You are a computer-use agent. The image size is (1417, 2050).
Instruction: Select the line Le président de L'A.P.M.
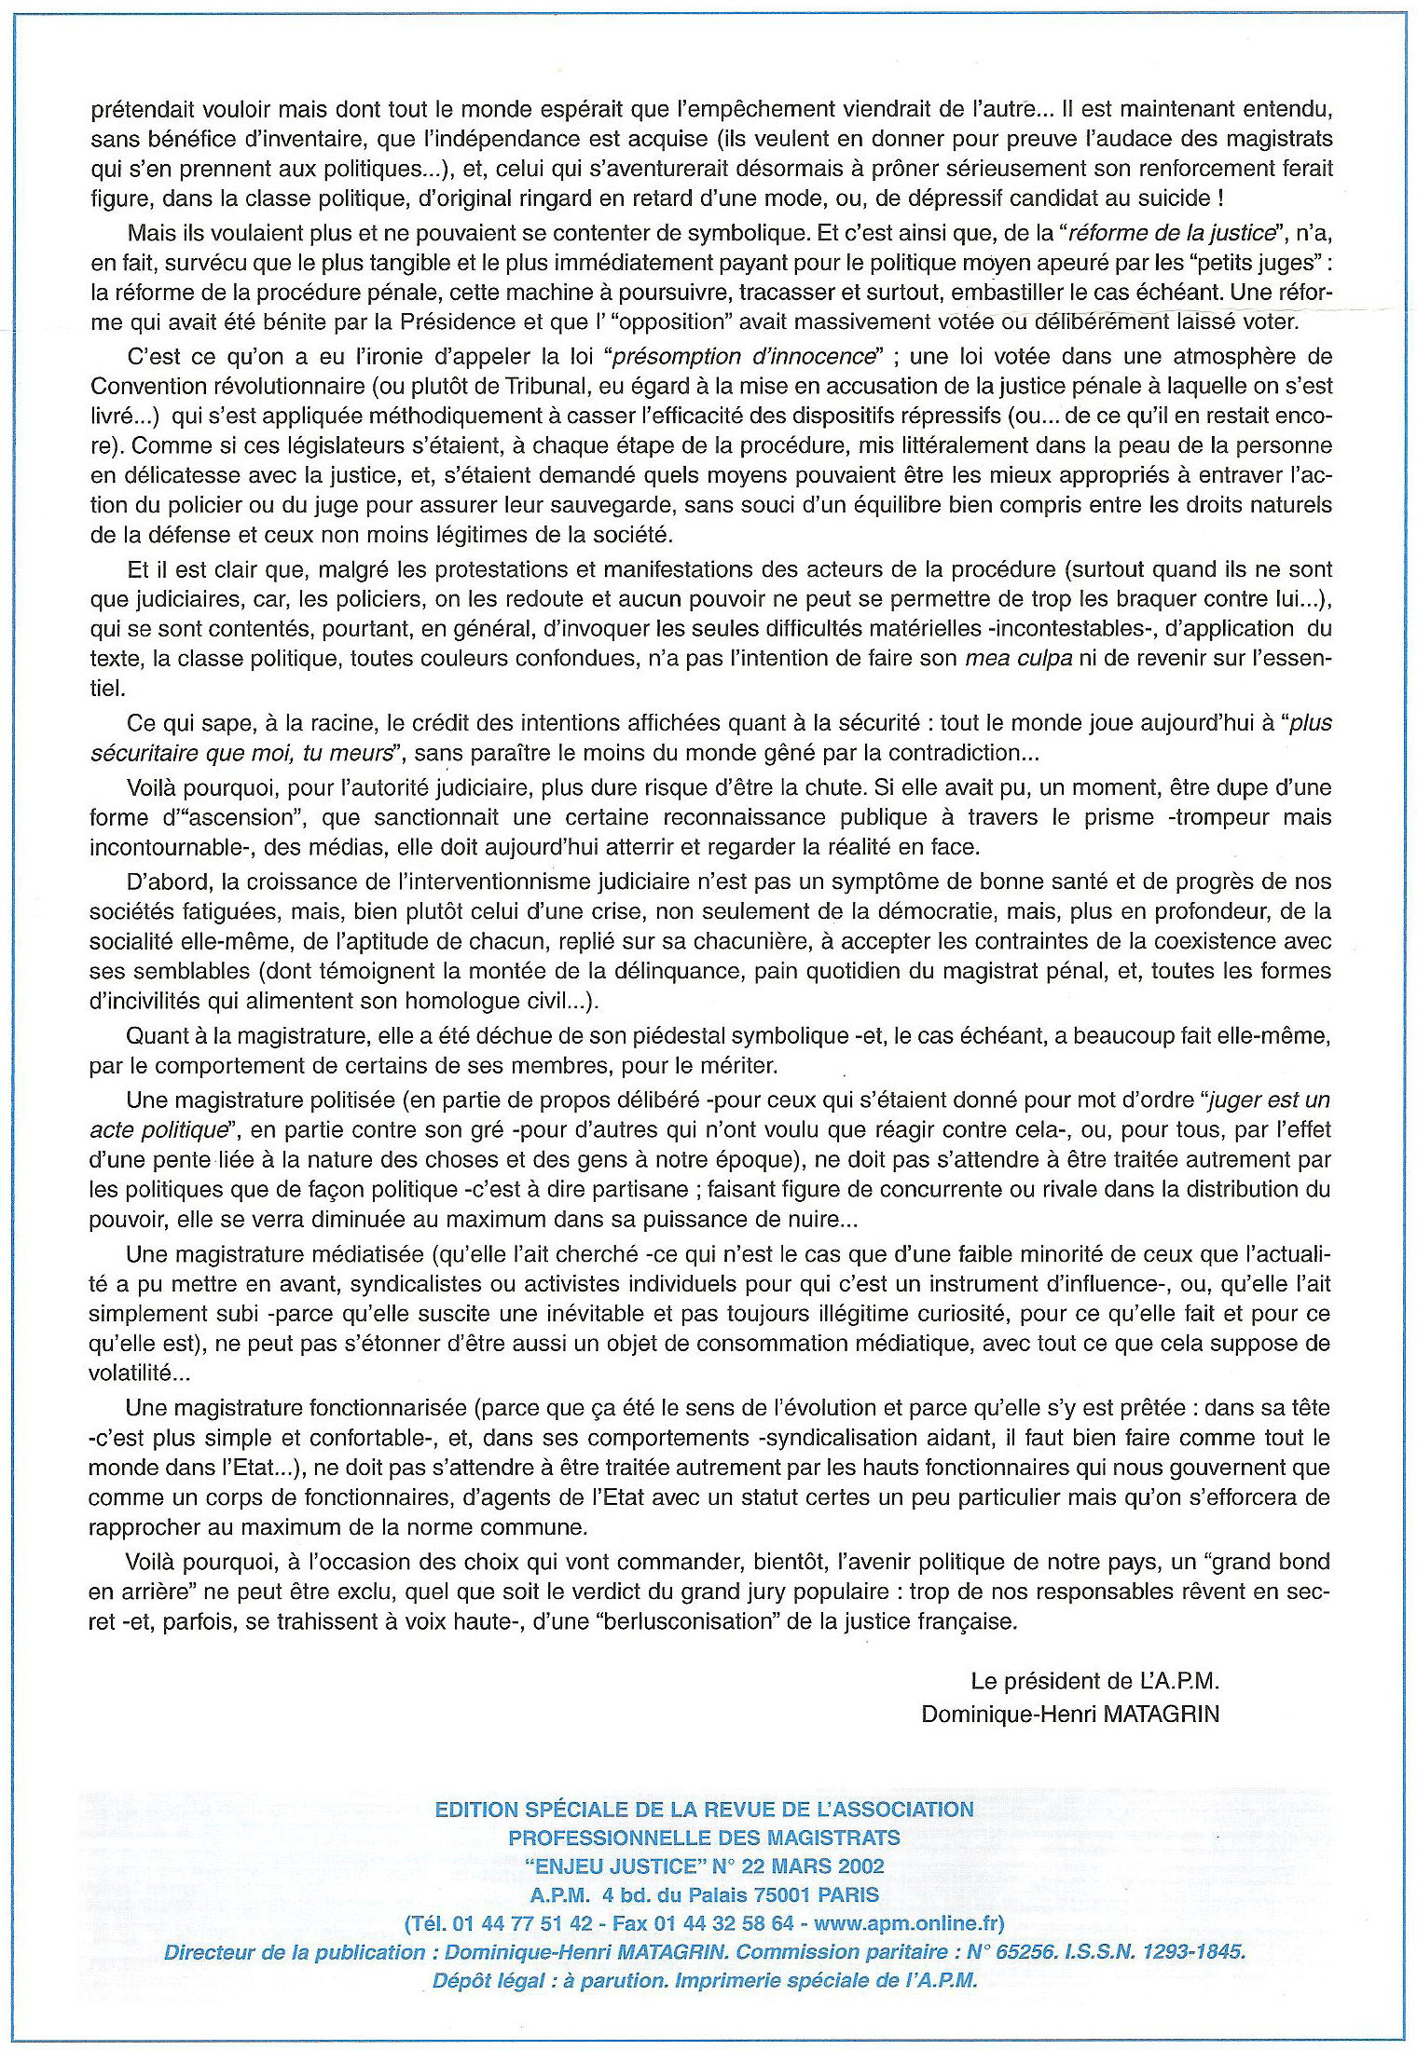click(x=1094, y=1681)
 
